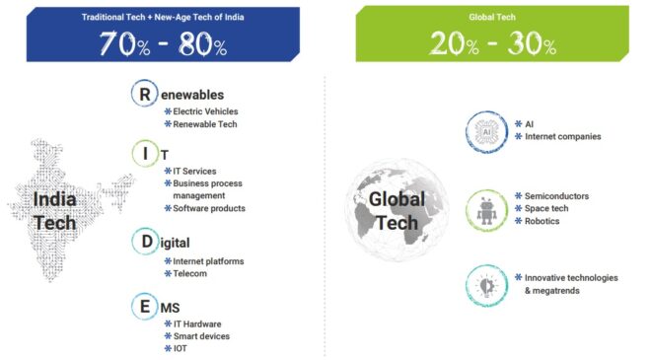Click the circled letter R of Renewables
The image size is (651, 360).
[144, 94]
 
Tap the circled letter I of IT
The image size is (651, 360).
[144, 153]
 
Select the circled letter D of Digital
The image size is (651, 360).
[144, 242]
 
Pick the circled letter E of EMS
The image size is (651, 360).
[144, 308]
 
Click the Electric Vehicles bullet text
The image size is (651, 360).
[205, 111]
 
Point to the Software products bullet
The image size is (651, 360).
[209, 208]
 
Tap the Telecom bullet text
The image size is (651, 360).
[190, 273]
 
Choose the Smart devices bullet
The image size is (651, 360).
[201, 335]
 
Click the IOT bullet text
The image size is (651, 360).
[181, 348]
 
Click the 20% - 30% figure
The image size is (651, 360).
[492, 43]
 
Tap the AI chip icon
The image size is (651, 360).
[484, 130]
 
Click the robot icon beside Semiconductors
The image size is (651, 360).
[484, 209]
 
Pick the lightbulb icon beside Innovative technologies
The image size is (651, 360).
[484, 284]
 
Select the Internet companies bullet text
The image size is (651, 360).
[562, 136]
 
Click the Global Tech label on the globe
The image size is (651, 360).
[396, 210]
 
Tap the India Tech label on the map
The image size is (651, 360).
[54, 210]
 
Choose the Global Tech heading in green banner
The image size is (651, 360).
[492, 17]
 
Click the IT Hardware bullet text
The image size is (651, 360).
[197, 324]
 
